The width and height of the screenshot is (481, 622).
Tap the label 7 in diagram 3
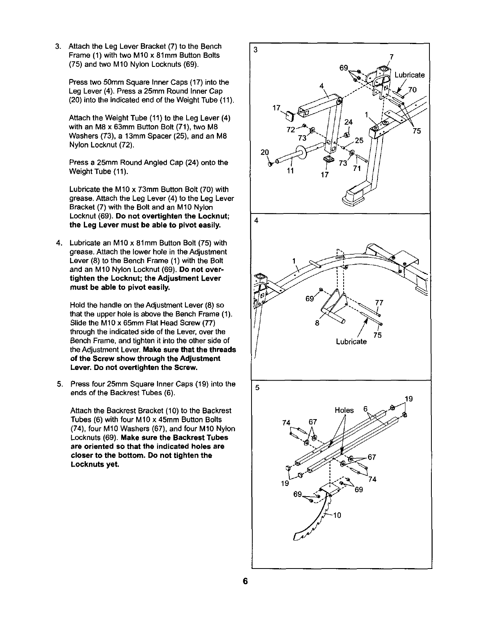[x=391, y=56]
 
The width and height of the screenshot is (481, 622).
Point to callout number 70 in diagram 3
[x=412, y=90]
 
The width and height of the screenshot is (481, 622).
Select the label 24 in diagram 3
[x=348, y=122]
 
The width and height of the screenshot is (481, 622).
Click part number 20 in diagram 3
[x=265, y=153]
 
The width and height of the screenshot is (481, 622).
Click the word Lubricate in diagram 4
[x=351, y=342]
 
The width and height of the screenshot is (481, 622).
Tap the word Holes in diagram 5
[x=344, y=410]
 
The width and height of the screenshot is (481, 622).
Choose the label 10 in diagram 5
[x=337, y=516]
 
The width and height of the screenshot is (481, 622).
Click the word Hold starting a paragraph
[x=77, y=305]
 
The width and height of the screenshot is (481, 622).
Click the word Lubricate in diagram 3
[x=409, y=75]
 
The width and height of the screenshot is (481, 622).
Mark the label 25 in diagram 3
[x=359, y=140]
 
